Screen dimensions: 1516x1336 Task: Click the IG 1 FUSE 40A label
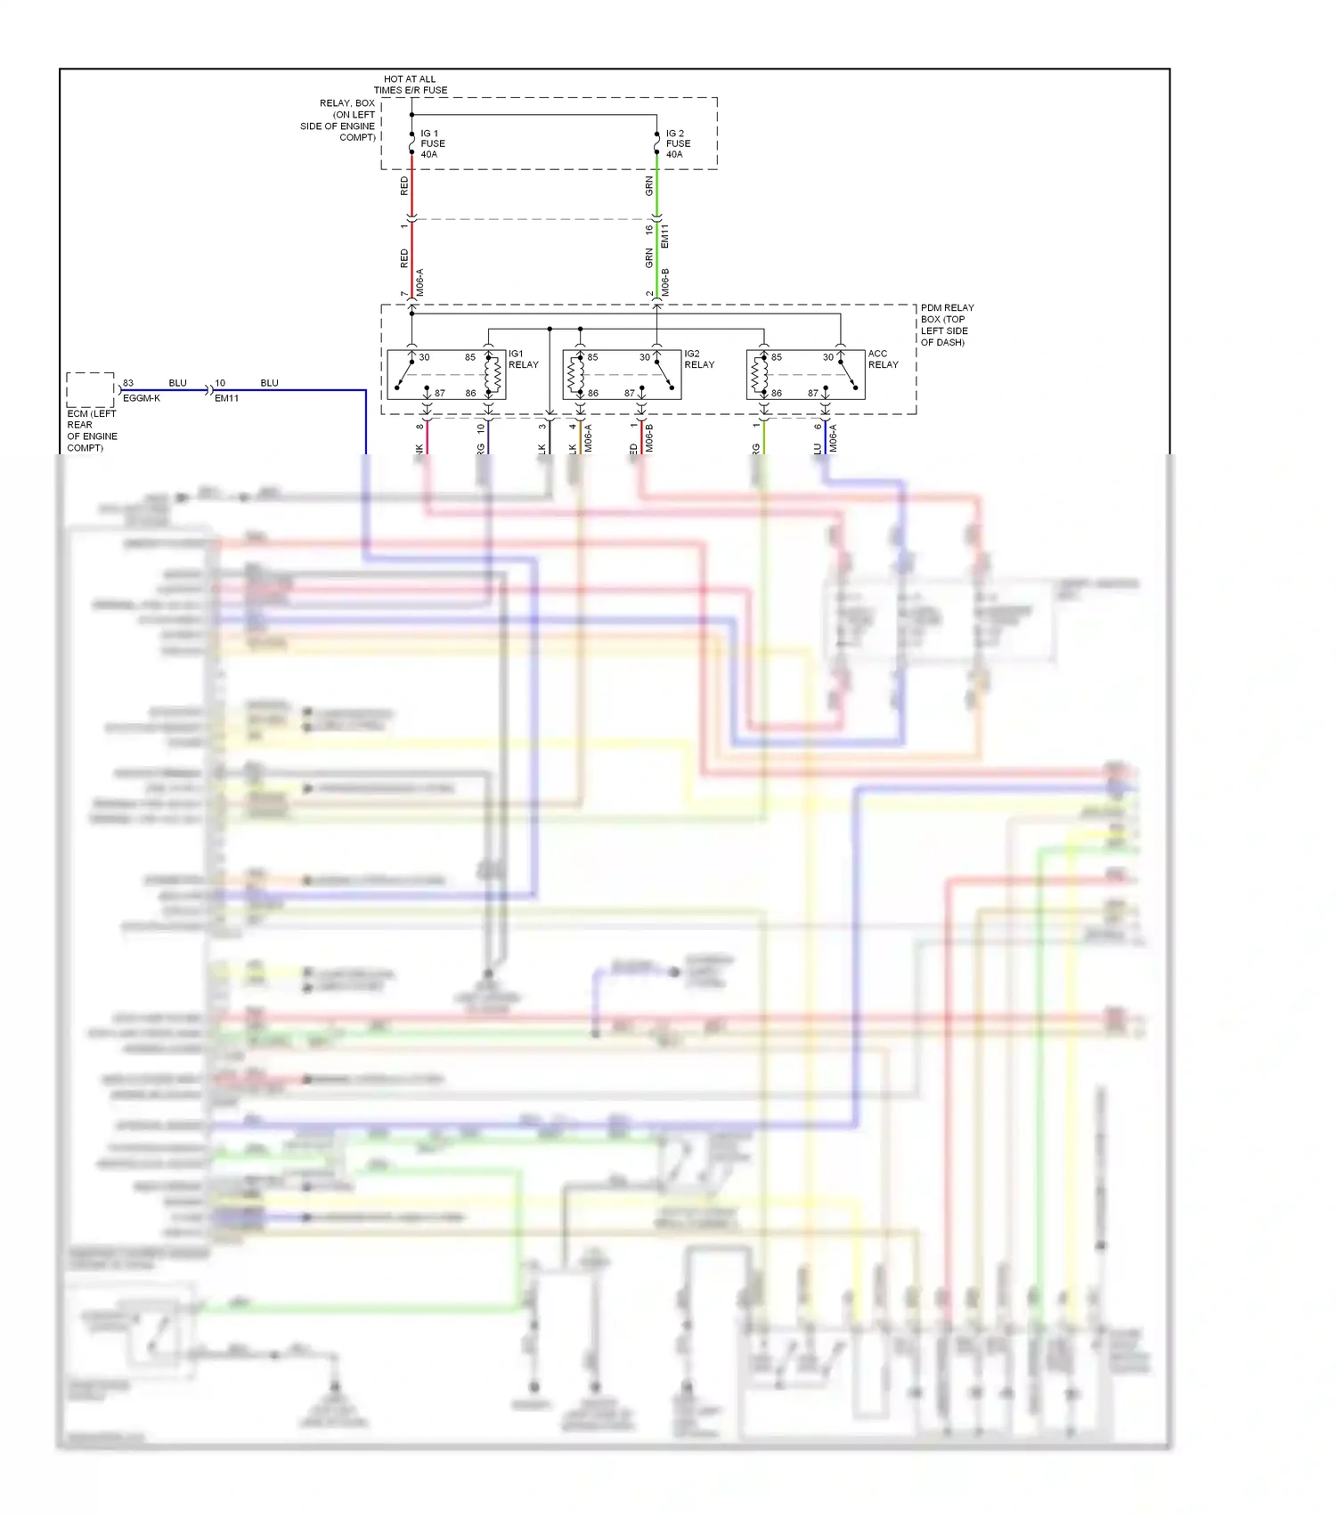pos(432,143)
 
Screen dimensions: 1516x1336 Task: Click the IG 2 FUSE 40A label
pos(678,143)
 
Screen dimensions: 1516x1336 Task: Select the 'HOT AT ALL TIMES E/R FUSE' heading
pos(411,85)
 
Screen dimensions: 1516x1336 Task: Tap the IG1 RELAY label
pos(523,359)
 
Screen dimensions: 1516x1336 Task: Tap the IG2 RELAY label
pos(699,359)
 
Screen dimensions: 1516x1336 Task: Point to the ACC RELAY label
pos(883,359)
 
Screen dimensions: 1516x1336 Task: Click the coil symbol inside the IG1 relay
pos(493,374)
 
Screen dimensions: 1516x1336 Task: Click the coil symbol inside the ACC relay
pos(759,374)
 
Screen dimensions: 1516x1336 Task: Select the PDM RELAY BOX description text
pos(947,324)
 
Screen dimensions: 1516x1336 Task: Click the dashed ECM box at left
pos(90,390)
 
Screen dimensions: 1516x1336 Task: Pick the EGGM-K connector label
pos(142,398)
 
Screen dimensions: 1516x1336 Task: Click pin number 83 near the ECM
pos(128,383)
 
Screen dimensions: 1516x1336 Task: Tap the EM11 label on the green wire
pos(665,236)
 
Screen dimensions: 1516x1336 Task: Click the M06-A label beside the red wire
pos(420,282)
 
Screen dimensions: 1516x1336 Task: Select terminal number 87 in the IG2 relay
pos(630,393)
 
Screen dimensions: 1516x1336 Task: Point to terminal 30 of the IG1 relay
pos(425,357)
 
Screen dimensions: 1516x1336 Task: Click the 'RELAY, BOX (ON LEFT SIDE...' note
pos(338,120)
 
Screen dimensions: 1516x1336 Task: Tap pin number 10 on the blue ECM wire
pos(220,383)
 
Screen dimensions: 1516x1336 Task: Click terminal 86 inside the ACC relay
pos(777,393)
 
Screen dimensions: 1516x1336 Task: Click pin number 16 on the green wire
pos(649,229)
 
